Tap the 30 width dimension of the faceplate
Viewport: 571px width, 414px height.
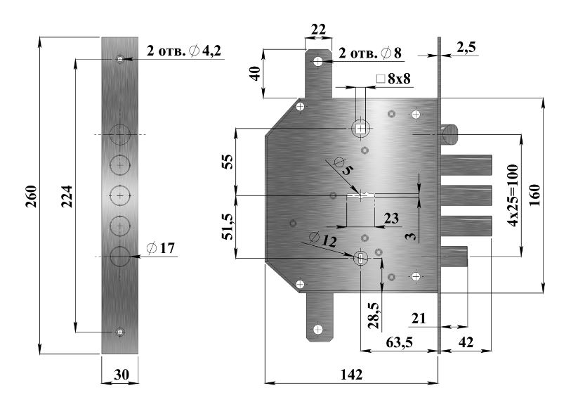pyautogui.click(x=121, y=375)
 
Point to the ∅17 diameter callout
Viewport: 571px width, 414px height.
pyautogui.click(x=161, y=248)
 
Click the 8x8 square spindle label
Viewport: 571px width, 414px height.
pyautogui.click(x=393, y=79)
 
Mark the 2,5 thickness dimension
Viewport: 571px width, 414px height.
pyautogui.click(x=466, y=47)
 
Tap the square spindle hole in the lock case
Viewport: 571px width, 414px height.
pyautogui.click(x=360, y=129)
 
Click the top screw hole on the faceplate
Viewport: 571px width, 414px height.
pyautogui.click(x=120, y=59)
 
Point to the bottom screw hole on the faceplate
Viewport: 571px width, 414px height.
pyautogui.click(x=120, y=332)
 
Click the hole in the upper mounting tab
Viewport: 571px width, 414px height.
pyautogui.click(x=318, y=61)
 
